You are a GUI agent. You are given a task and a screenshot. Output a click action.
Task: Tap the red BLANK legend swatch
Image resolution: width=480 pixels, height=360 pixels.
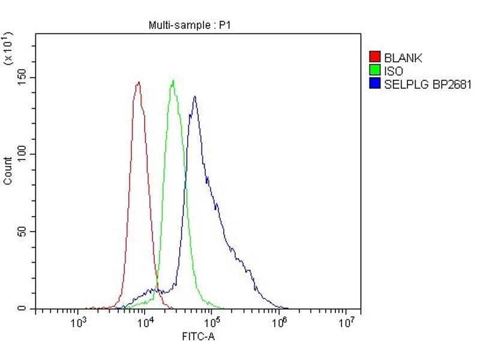click(x=375, y=58)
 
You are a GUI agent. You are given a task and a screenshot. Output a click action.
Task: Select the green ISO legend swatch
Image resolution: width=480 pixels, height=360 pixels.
click(x=375, y=71)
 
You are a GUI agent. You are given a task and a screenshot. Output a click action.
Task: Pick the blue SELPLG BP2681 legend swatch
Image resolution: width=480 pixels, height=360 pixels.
click(x=375, y=85)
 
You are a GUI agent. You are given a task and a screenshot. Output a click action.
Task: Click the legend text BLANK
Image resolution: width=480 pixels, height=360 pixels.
click(x=403, y=58)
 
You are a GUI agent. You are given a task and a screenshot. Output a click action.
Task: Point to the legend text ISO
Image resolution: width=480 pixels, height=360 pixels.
click(x=394, y=71)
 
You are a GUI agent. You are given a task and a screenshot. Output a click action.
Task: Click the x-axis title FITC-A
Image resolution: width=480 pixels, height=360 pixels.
click(x=198, y=337)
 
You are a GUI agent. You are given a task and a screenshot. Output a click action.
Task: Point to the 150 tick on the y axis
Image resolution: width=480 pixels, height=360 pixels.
click(x=22, y=77)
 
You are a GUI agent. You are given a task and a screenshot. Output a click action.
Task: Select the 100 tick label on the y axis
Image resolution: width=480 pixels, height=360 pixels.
click(x=22, y=154)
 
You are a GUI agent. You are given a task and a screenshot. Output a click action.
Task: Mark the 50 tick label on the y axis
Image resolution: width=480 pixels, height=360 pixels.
click(x=25, y=232)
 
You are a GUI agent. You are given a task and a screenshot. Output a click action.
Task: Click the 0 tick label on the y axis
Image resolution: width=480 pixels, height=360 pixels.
click(x=27, y=308)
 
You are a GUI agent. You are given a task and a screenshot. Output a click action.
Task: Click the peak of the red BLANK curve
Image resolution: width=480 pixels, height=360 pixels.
click(x=138, y=82)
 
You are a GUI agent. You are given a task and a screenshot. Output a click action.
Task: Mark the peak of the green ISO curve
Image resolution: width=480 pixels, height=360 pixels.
click(x=173, y=80)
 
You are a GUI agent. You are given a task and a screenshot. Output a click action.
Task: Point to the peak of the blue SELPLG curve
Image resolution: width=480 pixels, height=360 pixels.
click(x=194, y=96)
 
